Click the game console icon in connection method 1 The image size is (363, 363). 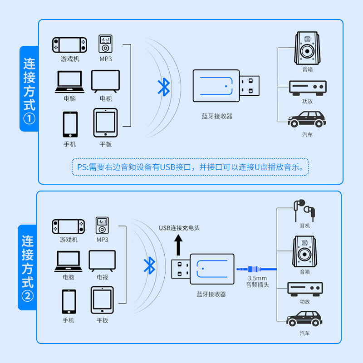tap(69, 45)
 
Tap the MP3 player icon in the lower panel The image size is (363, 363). tap(102, 226)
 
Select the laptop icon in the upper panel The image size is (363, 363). tap(69, 82)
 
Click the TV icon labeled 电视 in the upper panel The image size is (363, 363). tap(106, 82)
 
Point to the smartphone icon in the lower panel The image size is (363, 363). tap(69, 301)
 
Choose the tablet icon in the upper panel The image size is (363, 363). tap(105, 123)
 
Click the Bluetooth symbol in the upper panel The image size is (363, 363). tap(164, 87)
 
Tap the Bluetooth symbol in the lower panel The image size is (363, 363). tap(149, 265)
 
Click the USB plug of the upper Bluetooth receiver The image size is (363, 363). tap(249, 86)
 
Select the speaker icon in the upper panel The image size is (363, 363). tap(307, 48)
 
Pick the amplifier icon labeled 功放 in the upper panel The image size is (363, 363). tap(308, 88)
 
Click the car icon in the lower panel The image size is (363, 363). tap(304, 319)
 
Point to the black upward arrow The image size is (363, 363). tap(178, 245)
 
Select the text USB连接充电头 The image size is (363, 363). tap(179, 228)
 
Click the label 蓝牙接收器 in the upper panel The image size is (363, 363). tap(217, 116)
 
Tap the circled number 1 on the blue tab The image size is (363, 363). tap(29, 119)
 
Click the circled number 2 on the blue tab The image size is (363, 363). tap(28, 296)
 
